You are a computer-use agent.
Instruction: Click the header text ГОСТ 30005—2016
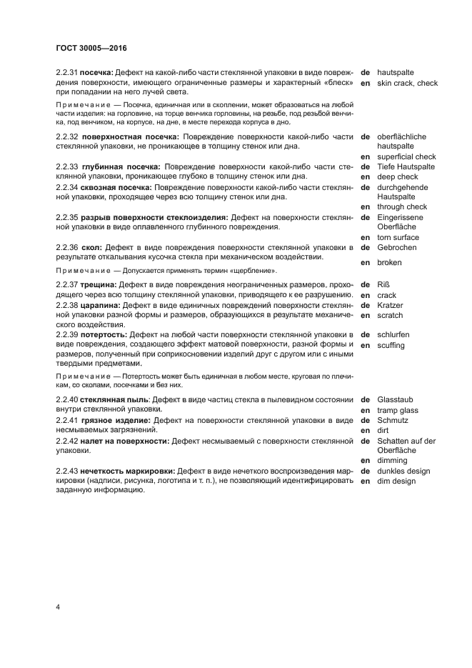click(x=91, y=49)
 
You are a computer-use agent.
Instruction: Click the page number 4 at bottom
click(x=58, y=607)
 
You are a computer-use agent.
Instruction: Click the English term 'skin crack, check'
click(x=407, y=83)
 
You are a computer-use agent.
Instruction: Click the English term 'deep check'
click(x=398, y=176)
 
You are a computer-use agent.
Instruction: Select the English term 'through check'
click(x=402, y=206)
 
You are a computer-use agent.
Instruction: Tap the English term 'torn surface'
click(x=398, y=237)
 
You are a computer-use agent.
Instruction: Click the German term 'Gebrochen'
click(x=397, y=247)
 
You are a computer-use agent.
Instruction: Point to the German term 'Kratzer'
click(x=391, y=305)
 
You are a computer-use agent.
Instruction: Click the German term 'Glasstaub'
click(x=396, y=399)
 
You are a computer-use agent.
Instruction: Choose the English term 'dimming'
click(x=392, y=461)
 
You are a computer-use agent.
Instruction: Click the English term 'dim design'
click(x=396, y=481)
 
